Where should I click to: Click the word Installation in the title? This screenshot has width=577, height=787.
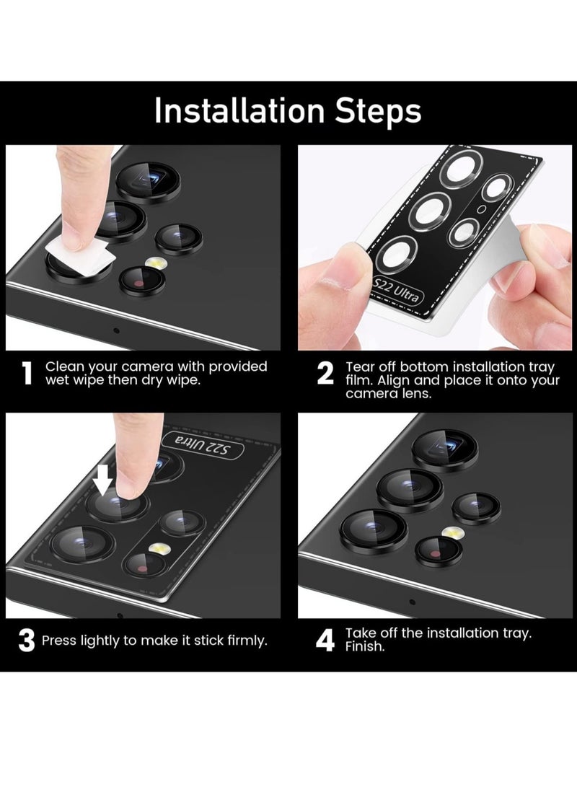pos(239,110)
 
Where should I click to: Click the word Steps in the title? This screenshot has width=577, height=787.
pos(379,110)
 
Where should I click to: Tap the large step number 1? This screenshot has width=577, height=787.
pos(27,374)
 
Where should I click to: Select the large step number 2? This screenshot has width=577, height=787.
pos(325,374)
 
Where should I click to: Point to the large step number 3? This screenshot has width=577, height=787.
pos(27,641)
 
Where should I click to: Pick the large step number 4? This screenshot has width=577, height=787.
pos(325,641)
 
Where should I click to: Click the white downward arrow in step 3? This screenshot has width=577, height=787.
pos(103,483)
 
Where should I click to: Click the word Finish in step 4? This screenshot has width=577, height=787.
pos(365,646)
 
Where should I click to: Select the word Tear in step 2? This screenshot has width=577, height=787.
pos(360,367)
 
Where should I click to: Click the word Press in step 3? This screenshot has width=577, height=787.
pos(59,641)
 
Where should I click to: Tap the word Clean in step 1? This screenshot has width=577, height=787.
pos(64,367)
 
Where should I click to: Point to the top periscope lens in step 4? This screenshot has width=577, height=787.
pos(444,448)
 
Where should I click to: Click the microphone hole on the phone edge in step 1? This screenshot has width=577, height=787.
pos(116,330)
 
